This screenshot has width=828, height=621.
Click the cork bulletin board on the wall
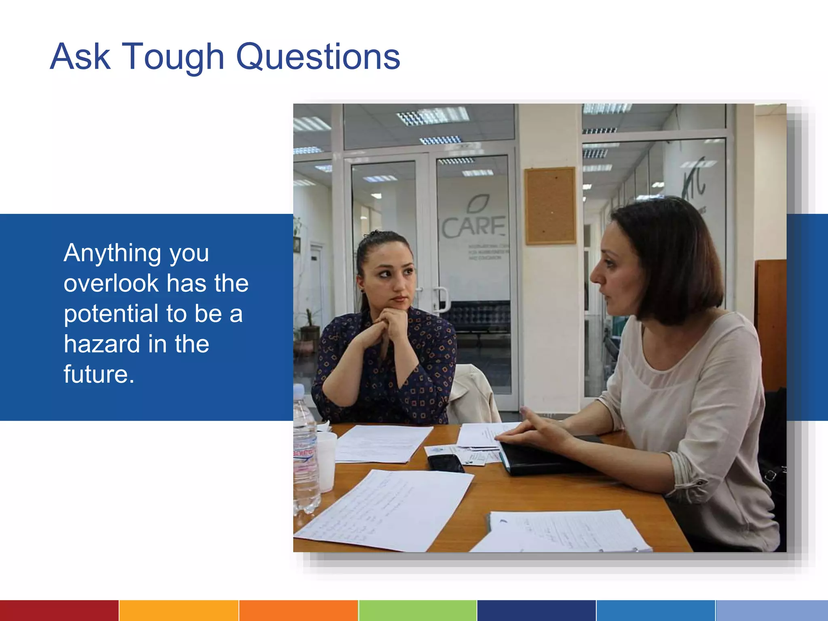click(550, 206)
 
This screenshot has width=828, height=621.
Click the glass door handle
click(442, 299)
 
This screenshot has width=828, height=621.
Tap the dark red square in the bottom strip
click(59, 610)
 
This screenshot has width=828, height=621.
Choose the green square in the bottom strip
click(417, 610)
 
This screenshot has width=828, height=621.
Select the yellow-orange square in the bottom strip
click(179, 610)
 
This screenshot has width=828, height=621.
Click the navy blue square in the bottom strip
click(536, 610)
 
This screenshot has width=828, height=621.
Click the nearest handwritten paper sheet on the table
click(384, 511)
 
